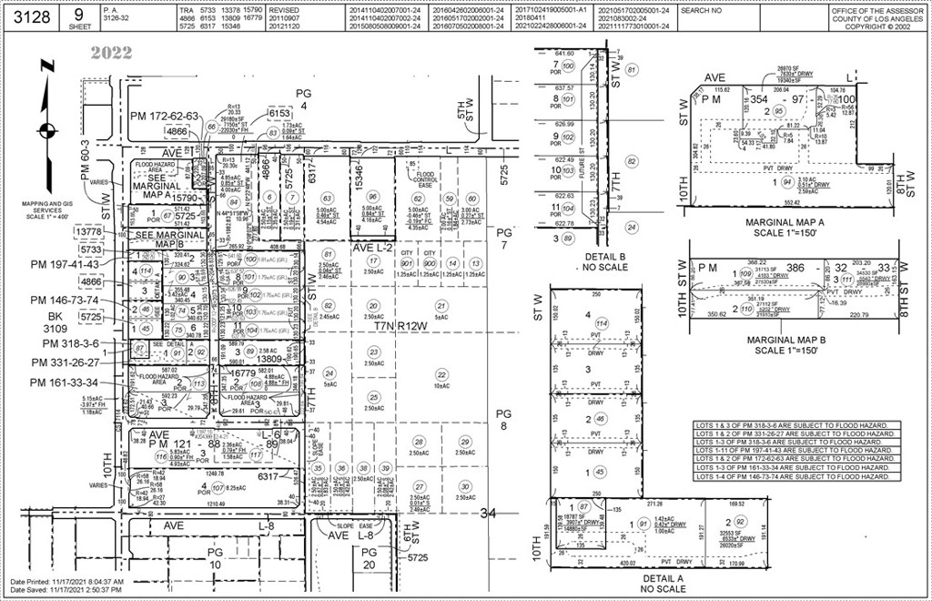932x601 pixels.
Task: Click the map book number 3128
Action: pyautogui.click(x=32, y=15)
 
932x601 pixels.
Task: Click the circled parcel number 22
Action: pyautogui.click(x=442, y=374)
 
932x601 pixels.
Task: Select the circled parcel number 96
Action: pyautogui.click(x=372, y=198)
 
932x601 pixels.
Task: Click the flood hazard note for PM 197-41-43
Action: pyautogui.click(x=792, y=450)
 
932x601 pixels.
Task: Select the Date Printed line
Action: pyautogui.click(x=66, y=581)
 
